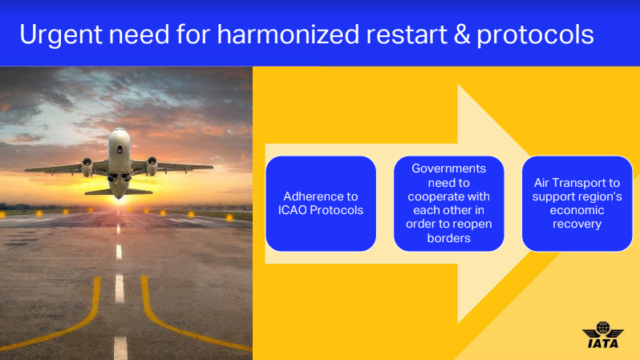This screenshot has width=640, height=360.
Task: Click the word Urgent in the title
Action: pyautogui.click(x=60, y=34)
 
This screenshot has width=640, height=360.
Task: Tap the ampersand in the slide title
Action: pyautogui.click(x=462, y=34)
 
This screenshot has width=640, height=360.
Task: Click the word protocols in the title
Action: pyautogui.click(x=535, y=35)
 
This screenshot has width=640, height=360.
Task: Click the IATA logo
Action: pyautogui.click(x=603, y=334)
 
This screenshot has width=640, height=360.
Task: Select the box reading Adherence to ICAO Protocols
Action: pyautogui.click(x=321, y=204)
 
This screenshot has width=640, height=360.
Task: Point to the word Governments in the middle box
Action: pyautogui.click(x=448, y=168)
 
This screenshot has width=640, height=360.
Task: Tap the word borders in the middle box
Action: pyautogui.click(x=448, y=238)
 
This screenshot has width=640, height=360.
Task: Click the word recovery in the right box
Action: pyautogui.click(x=577, y=224)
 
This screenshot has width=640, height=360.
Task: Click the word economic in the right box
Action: pyautogui.click(x=577, y=210)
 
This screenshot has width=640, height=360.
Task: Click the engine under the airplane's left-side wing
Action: pyautogui.click(x=87, y=167)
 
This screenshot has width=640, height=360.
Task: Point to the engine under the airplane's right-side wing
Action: pyautogui.click(x=152, y=165)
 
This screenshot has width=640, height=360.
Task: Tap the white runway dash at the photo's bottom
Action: pyautogui.click(x=120, y=348)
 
